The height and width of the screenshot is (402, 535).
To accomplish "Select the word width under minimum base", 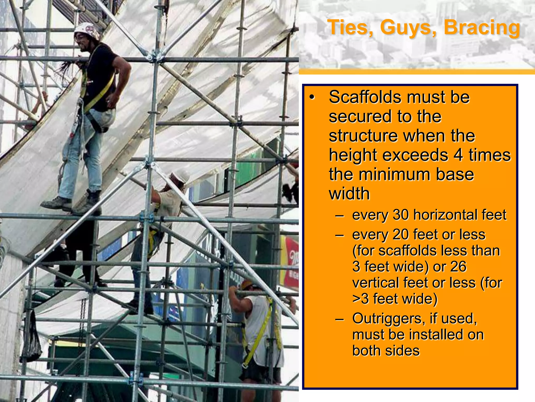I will (349, 194).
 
